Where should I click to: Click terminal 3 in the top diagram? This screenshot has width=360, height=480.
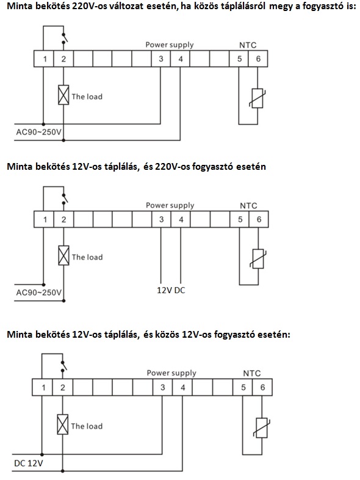point(161,59)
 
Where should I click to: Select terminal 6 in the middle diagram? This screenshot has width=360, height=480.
point(259,219)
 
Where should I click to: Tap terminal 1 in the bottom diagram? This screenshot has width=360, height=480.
point(43,387)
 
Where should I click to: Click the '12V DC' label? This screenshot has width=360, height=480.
point(171,290)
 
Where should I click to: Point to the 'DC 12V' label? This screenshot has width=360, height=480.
point(29,463)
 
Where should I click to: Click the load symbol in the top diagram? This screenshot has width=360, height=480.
point(63,95)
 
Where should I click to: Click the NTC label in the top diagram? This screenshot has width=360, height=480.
point(248,45)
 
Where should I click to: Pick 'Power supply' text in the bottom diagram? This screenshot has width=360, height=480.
point(171,373)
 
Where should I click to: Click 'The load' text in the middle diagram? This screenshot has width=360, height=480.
point(87,257)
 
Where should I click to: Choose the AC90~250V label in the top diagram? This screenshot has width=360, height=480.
point(39,132)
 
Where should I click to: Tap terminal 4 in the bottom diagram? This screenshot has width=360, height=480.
point(182,387)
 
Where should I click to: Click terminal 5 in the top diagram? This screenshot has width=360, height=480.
point(239,59)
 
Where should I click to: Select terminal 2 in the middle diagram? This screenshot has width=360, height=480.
point(63,219)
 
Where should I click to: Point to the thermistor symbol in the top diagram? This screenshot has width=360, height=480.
point(257,98)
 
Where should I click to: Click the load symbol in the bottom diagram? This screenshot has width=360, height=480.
point(63,424)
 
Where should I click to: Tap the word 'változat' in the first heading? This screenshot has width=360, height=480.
point(124,6)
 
